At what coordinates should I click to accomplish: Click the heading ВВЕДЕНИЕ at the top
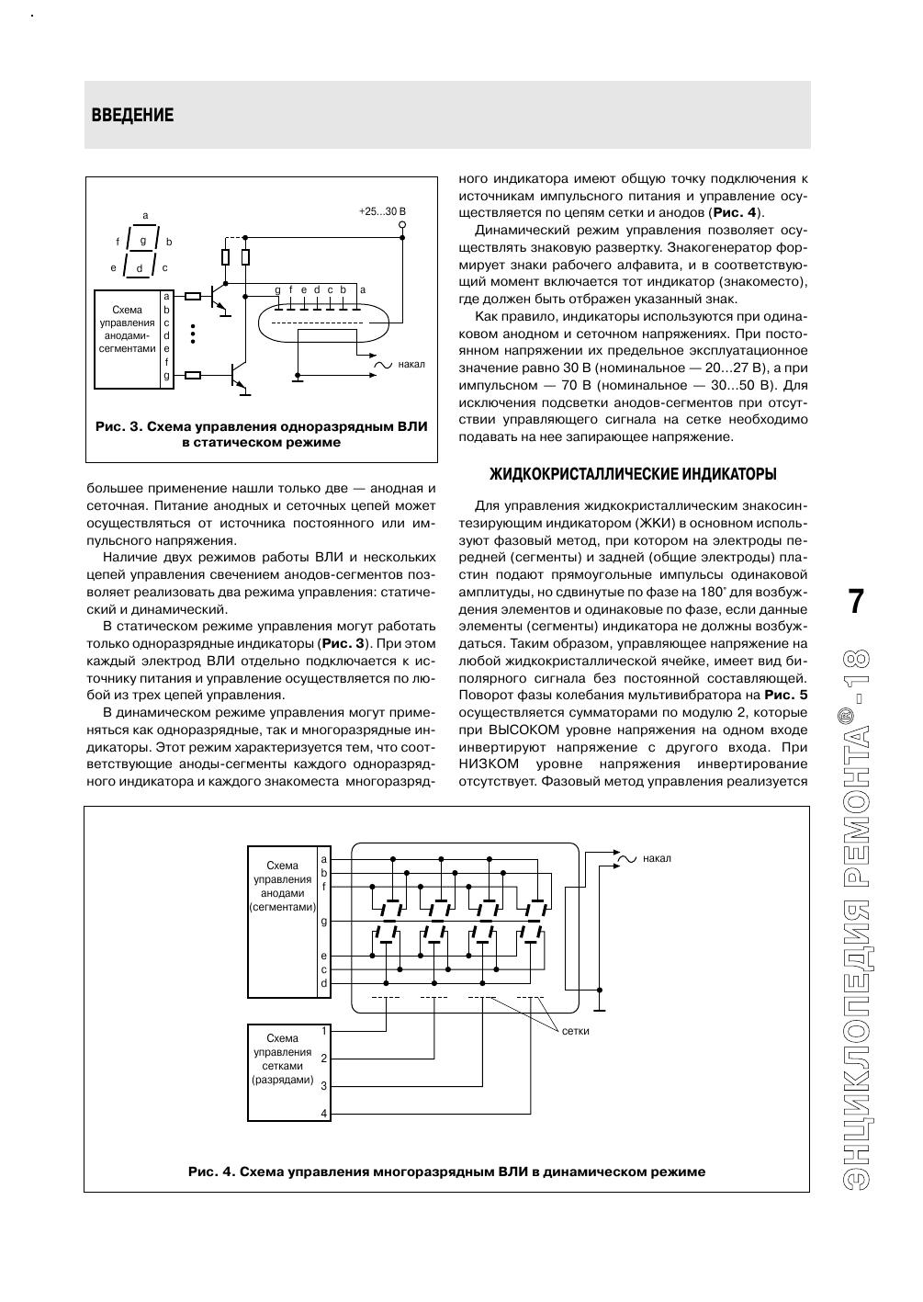pyautogui.click(x=132, y=116)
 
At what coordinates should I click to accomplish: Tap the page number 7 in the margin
pyautogui.click(x=855, y=601)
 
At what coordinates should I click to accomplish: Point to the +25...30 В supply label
pyautogui.click(x=381, y=212)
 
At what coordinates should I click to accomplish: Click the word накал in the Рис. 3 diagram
pyautogui.click(x=411, y=365)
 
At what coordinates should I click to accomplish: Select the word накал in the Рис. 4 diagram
pyautogui.click(x=657, y=858)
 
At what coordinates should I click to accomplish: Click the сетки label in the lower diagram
pyautogui.click(x=575, y=1031)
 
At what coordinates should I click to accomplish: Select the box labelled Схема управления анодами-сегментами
pyautogui.click(x=128, y=338)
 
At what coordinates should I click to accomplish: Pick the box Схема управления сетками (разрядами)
pyautogui.click(x=282, y=1071)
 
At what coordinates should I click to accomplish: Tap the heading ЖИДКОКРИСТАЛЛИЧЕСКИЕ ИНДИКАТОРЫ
pyautogui.click(x=633, y=474)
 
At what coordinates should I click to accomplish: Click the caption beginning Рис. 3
pyautogui.click(x=262, y=435)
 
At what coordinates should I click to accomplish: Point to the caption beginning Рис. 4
pyautogui.click(x=446, y=1172)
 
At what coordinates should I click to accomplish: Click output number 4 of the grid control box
pyautogui.click(x=323, y=1114)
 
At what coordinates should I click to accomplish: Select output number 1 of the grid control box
pyautogui.click(x=323, y=1031)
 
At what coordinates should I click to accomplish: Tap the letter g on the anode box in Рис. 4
pyautogui.click(x=323, y=921)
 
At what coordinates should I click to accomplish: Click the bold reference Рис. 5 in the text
pyautogui.click(x=786, y=694)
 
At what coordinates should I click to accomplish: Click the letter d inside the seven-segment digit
pyautogui.click(x=140, y=268)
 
